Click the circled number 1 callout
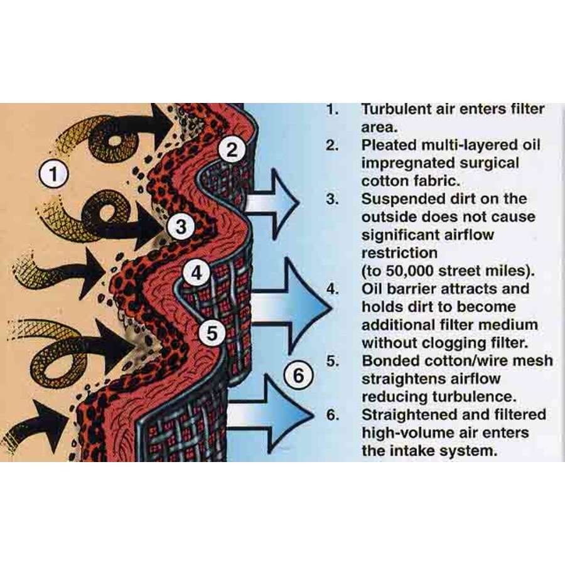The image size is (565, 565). point(54,175)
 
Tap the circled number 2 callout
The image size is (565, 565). point(232,149)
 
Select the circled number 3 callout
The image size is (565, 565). point(181,226)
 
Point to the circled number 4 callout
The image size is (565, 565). point(196,273)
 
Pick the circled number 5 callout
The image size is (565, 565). point(213,333)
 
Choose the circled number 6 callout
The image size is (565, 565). point(299,375)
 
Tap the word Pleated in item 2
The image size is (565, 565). point(389,145)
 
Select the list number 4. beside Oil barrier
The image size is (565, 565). point(333,289)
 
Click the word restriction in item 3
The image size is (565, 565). point(399,253)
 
